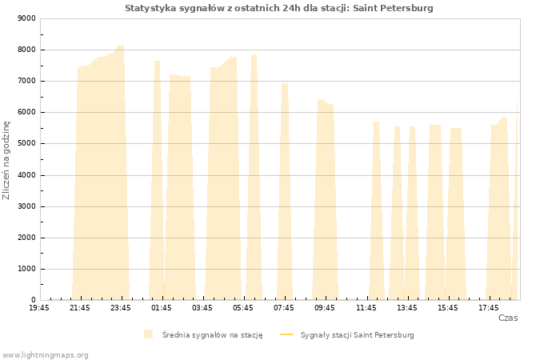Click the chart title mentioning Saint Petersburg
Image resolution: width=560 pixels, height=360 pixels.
coord(279,8)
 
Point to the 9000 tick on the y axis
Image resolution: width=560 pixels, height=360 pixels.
coord(26,18)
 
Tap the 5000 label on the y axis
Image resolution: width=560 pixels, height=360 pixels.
coord(26,143)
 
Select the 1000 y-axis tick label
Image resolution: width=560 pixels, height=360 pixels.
coord(26,269)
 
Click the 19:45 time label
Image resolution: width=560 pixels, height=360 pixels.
coord(39,308)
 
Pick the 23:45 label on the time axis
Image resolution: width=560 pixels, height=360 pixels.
coord(121,308)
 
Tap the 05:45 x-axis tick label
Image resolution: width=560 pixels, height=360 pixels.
coord(243,308)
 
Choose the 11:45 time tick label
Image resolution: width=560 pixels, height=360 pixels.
coord(366,308)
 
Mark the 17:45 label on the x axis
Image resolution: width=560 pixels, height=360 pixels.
coord(489,308)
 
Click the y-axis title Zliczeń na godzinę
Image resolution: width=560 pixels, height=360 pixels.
coord(6,160)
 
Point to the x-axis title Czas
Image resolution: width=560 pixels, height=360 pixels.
coord(508,318)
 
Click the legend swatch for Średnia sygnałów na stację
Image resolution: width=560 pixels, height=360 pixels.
coord(149,334)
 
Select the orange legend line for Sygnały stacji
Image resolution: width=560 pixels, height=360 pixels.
coord(286,334)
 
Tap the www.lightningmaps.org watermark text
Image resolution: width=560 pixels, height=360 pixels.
coord(45,355)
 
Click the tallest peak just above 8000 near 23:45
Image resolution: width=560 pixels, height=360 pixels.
coord(120,46)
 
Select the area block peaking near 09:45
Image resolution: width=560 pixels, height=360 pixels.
coord(326,200)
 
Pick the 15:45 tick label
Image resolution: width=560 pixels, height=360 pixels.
coord(448,308)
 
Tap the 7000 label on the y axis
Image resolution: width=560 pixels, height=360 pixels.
coord(26,81)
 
